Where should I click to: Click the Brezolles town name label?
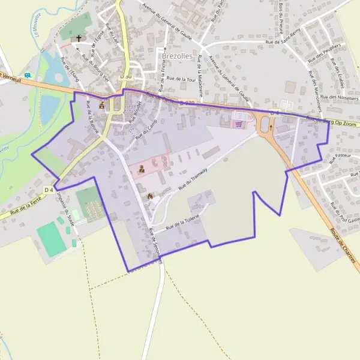176,56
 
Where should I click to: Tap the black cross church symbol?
78,38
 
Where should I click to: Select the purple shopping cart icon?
239,124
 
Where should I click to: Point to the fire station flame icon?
149,195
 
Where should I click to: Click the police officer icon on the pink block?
142,169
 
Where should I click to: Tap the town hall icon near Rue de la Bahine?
101,104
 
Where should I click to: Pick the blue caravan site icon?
28,75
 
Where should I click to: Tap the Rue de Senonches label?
155,243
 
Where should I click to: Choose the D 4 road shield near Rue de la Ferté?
49,190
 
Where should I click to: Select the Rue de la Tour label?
182,79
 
